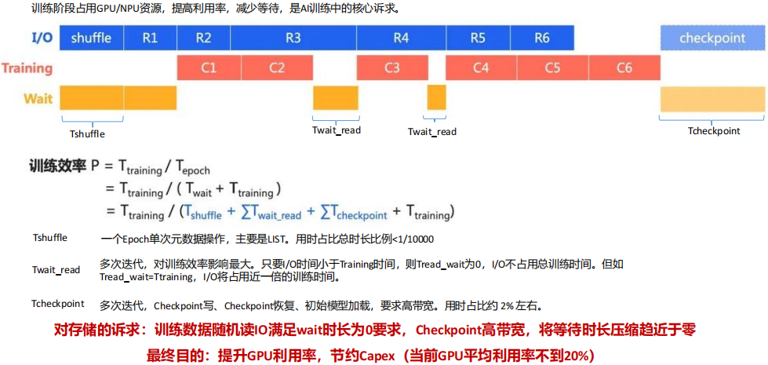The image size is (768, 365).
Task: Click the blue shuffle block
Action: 91,38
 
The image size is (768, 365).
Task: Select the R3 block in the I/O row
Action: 293,38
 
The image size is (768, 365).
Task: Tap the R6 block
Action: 542,38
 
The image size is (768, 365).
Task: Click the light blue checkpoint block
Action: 712,38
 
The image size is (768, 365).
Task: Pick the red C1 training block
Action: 208,68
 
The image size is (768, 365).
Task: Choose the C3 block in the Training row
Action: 392,68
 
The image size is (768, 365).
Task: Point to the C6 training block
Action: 624,68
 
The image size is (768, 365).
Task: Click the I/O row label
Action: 42,38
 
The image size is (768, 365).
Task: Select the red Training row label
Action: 27,68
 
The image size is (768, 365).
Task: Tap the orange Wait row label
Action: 38,98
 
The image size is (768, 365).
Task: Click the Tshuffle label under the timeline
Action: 87,133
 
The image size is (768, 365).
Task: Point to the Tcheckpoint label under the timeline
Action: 714,131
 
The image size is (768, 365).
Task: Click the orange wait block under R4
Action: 436,97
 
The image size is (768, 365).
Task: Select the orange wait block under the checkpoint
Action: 712,99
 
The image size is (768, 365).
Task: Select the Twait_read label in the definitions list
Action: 56,270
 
